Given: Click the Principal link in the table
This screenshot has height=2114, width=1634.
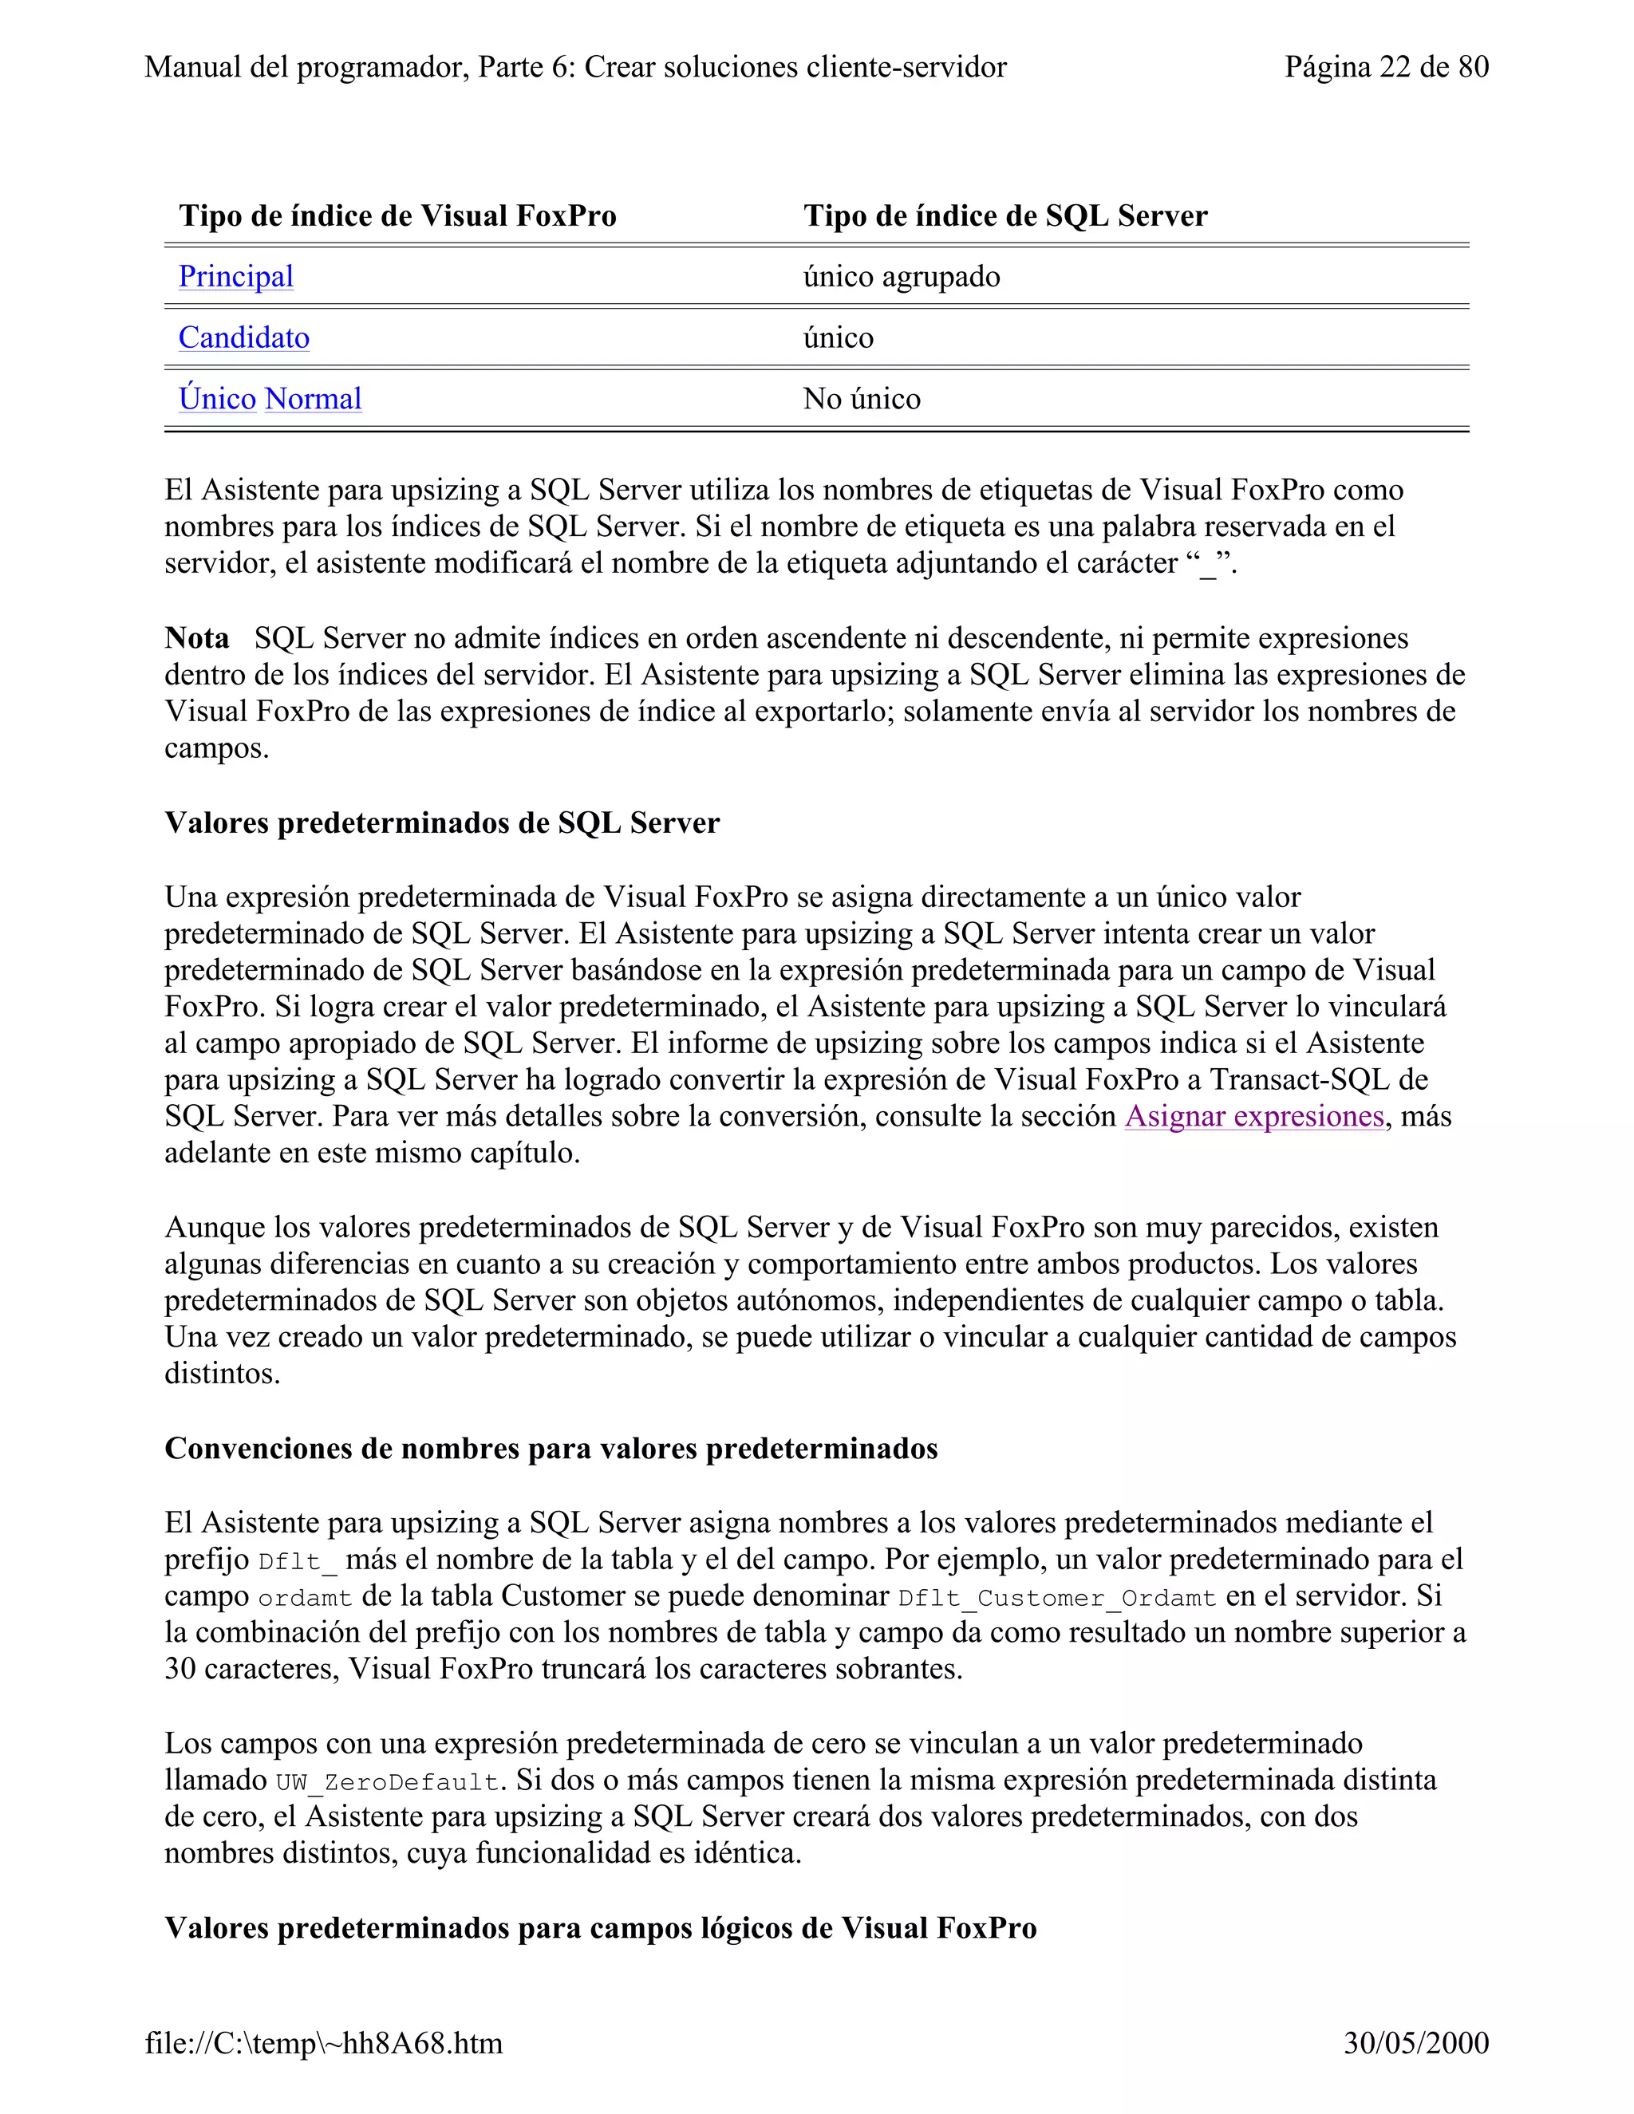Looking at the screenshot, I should [235, 277].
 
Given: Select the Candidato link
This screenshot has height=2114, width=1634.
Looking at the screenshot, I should [244, 337].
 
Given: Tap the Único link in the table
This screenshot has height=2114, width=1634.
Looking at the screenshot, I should [217, 399].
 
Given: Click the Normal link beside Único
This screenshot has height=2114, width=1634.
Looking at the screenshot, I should [313, 399].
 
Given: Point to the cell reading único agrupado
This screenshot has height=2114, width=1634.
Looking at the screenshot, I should [902, 277].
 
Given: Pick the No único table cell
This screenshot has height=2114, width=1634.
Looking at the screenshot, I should [862, 399].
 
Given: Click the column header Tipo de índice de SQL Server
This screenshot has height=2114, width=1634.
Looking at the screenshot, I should [1004, 216].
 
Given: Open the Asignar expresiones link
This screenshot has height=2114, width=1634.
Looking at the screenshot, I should [1253, 1116].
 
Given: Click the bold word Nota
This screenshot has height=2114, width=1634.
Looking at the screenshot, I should [196, 639].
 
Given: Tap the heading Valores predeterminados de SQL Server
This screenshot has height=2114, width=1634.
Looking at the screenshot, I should [441, 822].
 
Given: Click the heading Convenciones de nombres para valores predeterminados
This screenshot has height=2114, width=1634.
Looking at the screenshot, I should [551, 1448].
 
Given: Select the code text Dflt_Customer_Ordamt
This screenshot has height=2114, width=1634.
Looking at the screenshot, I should [1056, 1598].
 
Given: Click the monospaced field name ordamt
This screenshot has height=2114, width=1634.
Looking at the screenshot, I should [304, 1598].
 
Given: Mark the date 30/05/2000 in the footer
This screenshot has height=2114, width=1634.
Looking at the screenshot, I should [1415, 2043].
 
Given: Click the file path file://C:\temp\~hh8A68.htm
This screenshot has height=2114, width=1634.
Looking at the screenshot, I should [323, 2043].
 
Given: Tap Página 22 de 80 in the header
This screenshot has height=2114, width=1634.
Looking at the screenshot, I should [1385, 67].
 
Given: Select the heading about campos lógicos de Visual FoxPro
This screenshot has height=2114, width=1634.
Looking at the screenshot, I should [600, 1927].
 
